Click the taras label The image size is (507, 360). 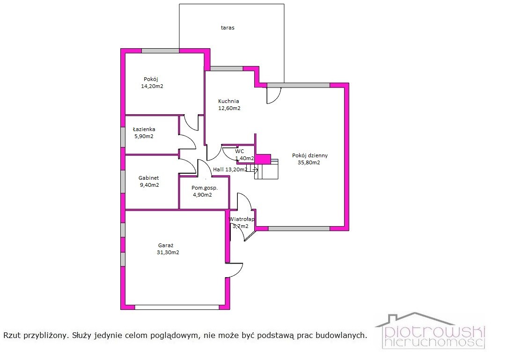(x=228, y=28)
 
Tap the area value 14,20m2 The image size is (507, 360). (x=152, y=86)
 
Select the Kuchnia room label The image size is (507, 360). (x=228, y=101)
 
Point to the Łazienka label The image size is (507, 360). (x=144, y=129)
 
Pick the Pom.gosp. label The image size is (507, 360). (x=205, y=188)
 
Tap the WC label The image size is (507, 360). (x=240, y=151)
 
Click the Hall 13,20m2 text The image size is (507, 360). (x=230, y=169)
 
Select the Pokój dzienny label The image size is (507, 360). (x=310, y=155)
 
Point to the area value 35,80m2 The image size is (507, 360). (x=309, y=162)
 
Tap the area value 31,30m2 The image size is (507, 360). (x=168, y=252)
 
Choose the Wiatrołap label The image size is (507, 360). (x=242, y=219)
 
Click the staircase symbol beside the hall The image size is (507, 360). (x=266, y=169)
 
